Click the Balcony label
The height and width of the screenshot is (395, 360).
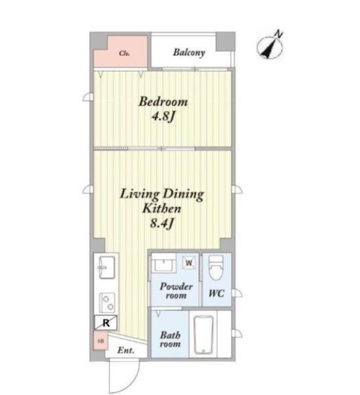pos(189,53)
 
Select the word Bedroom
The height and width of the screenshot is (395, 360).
pos(163,101)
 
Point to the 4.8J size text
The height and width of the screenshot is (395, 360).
pos(163,116)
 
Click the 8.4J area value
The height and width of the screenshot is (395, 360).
pos(162,223)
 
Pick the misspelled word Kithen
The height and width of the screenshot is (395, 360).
pos(161,208)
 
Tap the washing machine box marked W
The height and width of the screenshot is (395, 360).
pos(189,262)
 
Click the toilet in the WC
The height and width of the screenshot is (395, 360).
pos(216,268)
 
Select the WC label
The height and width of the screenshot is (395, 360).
pos(216,293)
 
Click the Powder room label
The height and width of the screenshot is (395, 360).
pos(176,291)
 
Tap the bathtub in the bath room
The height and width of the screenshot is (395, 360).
pos(203,334)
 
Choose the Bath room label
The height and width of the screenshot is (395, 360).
pos(170,339)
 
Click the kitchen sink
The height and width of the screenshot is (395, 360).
pos(107,267)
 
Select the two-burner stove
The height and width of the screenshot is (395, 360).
pos(107,302)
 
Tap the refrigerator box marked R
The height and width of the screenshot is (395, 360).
pos(106,323)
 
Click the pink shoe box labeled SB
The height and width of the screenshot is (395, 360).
pos(101,341)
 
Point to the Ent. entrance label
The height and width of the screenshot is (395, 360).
pos(125,351)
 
